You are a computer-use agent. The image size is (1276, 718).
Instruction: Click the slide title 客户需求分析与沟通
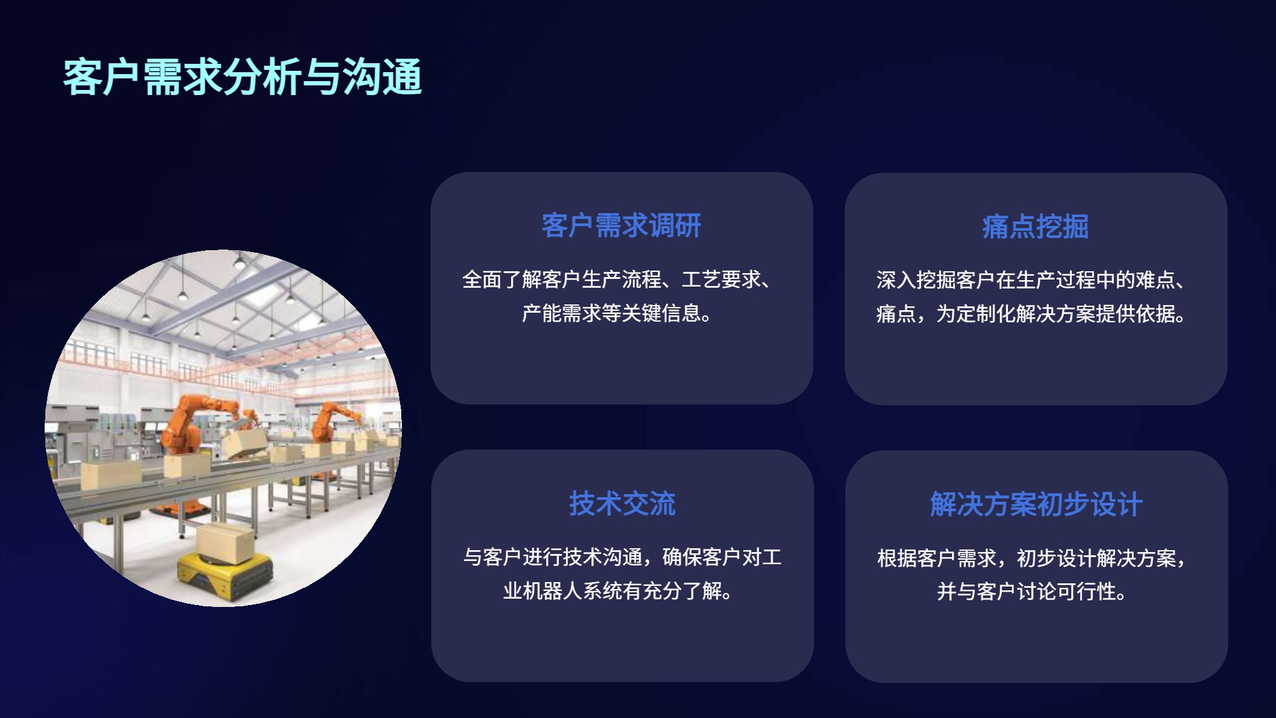click(x=242, y=77)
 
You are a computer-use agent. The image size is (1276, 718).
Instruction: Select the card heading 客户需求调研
click(x=621, y=225)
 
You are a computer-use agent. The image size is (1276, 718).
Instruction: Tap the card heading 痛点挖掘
click(x=1035, y=227)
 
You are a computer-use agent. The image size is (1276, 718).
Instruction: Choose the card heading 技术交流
click(x=622, y=504)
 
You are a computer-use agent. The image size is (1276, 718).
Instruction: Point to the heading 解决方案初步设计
click(x=1036, y=505)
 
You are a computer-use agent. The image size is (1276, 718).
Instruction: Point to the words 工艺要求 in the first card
click(x=722, y=280)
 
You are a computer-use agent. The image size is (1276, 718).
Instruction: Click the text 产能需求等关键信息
click(x=611, y=313)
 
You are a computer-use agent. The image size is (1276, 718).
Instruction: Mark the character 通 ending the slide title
click(x=402, y=77)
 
